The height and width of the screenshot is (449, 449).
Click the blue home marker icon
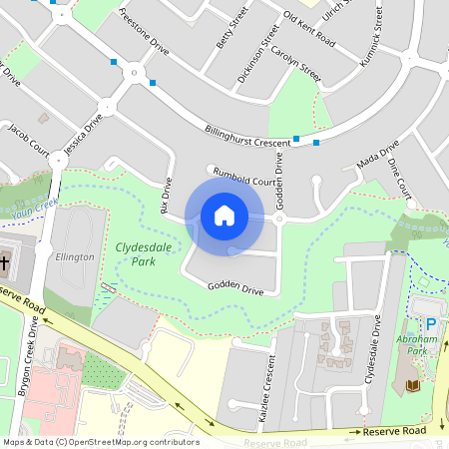(224, 215)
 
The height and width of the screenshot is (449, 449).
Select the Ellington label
(75, 256)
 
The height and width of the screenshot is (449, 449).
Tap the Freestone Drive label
(145, 30)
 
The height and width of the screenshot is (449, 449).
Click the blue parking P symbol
(431, 325)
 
